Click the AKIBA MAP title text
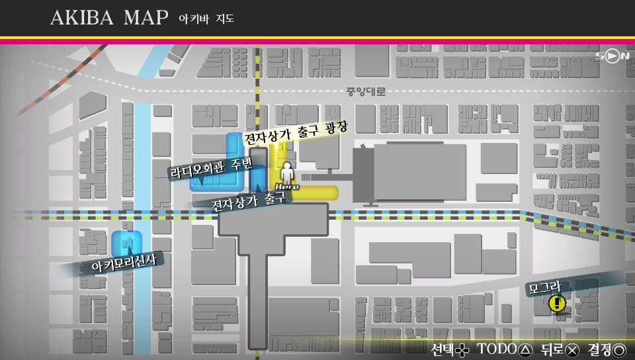109,18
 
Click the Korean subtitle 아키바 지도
206,19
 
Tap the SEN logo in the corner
613,56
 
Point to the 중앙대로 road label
365,91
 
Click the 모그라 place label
544,287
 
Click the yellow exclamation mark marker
557,304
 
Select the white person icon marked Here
286,173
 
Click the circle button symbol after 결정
620,349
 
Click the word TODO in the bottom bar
496,349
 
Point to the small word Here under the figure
282,187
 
